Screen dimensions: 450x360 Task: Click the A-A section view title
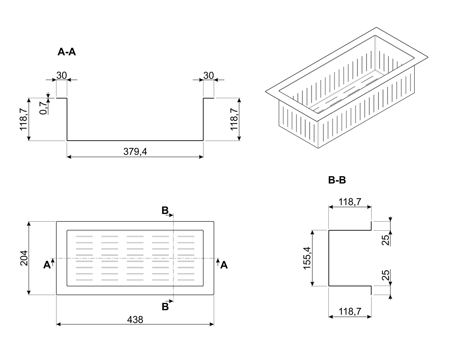[x=67, y=52]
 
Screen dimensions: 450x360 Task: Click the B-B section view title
[x=337, y=180]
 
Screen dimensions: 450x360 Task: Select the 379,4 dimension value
[x=135, y=152]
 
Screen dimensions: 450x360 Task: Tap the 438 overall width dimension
[x=135, y=319]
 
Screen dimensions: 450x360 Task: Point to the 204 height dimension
[x=24, y=258]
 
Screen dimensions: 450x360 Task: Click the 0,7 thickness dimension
[x=43, y=108]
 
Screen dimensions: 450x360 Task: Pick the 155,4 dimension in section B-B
[x=307, y=258]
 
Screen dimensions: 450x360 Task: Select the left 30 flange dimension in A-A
[x=61, y=76]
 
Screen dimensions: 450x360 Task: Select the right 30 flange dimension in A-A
[x=208, y=76]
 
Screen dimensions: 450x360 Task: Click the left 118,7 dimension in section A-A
[x=23, y=119]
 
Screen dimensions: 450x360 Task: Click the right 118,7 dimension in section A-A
[x=234, y=119]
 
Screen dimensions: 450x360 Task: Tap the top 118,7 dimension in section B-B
[x=350, y=202]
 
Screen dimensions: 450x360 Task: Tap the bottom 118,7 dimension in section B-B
[x=350, y=311]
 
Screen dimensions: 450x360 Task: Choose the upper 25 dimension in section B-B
[x=385, y=240]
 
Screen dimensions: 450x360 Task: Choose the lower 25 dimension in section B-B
[x=385, y=275]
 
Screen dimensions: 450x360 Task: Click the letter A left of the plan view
[x=47, y=265]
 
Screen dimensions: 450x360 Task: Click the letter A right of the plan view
[x=224, y=265]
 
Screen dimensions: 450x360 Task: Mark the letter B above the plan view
[x=165, y=210]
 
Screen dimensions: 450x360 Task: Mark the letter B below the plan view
[x=165, y=307]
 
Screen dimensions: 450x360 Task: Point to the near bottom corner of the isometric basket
[x=318, y=148]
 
